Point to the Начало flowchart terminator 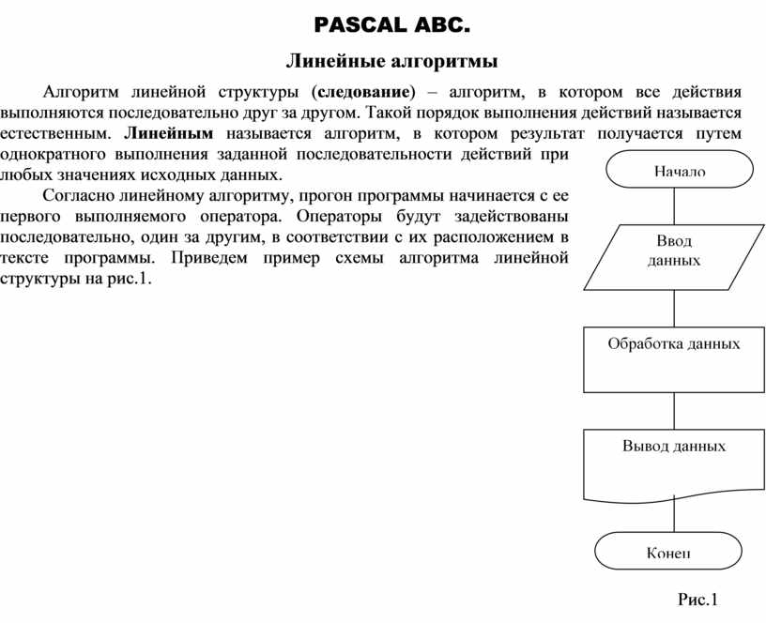(680, 170)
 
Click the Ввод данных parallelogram (674, 251)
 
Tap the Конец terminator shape (667, 551)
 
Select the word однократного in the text (51, 154)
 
